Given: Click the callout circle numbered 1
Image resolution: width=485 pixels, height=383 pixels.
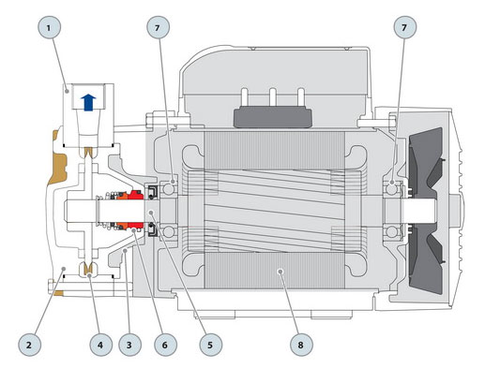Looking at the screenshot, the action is [x=49, y=28].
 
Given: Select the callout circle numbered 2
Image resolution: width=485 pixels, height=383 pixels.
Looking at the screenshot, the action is [x=29, y=345].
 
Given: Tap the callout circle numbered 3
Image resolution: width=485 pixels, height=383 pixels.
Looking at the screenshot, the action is [x=129, y=345].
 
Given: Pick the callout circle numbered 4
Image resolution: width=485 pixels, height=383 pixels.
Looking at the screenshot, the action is [x=100, y=345].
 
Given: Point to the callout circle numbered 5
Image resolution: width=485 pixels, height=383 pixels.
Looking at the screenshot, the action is [x=211, y=345].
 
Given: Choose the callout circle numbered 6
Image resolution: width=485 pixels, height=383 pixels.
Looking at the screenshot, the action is [x=165, y=345].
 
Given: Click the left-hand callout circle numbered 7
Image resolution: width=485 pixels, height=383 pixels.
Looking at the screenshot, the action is [x=158, y=28].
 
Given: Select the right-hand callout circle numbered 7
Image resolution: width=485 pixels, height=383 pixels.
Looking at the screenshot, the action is [x=404, y=28].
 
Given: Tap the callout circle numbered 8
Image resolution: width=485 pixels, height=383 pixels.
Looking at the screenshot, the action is [x=301, y=345].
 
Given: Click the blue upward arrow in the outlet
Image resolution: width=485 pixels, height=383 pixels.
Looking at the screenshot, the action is [x=88, y=102].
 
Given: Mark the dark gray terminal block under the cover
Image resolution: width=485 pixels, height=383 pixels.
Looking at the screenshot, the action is [x=273, y=117].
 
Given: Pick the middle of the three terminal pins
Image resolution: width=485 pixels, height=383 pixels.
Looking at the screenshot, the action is [x=273, y=97].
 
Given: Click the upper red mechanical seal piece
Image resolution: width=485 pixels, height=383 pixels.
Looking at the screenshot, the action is [x=135, y=195].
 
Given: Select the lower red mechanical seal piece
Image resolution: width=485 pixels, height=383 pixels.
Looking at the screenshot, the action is [x=135, y=226].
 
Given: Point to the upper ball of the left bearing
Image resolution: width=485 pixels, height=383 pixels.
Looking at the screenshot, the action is [x=169, y=189].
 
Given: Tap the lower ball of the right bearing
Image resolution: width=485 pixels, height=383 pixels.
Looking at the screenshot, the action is [x=391, y=232].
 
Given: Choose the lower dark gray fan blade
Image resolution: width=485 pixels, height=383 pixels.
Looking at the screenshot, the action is [x=425, y=259].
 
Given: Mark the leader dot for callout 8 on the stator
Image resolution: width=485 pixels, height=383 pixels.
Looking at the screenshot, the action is [x=280, y=272].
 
